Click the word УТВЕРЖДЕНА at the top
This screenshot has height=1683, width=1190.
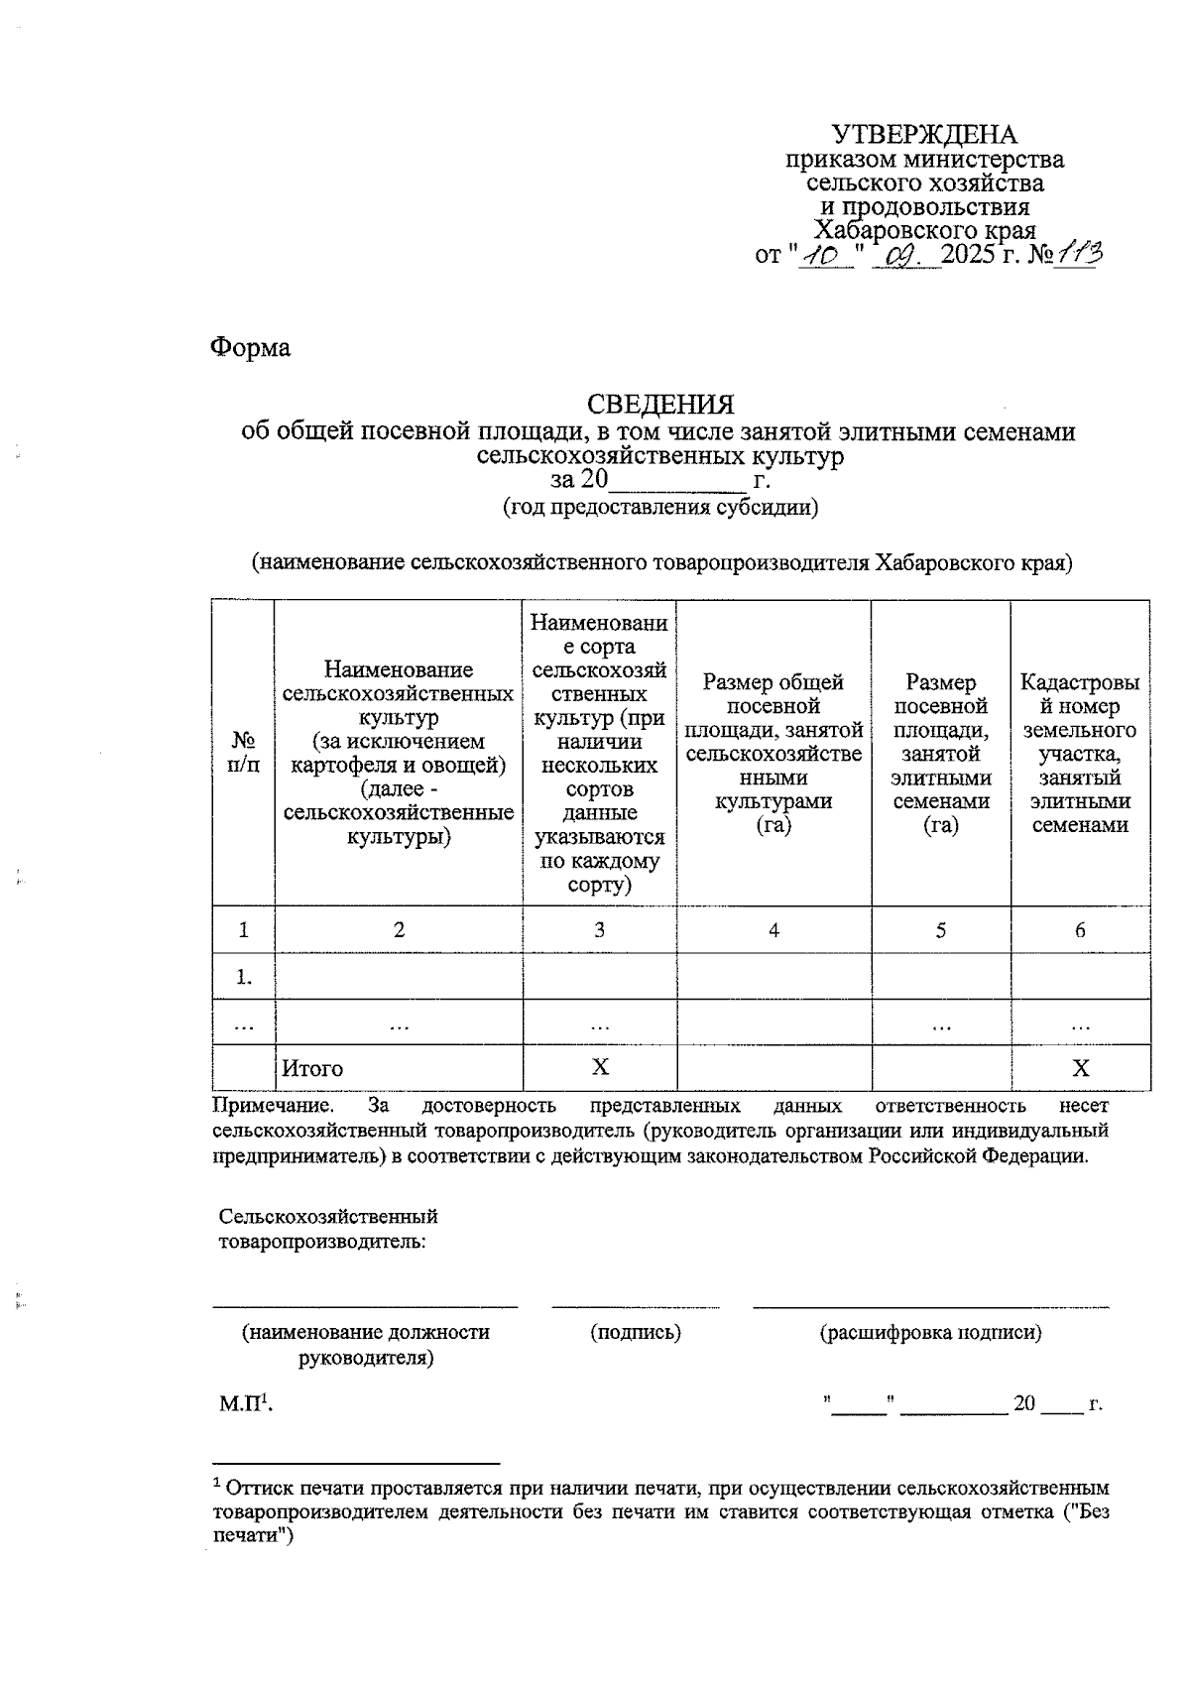[x=923, y=135]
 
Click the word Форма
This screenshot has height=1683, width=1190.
[x=251, y=348]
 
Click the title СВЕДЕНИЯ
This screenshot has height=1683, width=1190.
[x=660, y=405]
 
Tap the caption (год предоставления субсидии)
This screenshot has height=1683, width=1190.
[x=660, y=508]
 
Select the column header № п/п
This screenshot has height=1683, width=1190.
[x=244, y=753]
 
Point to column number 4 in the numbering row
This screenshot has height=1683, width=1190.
[x=773, y=930]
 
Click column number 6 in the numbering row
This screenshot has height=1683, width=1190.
[x=1080, y=930]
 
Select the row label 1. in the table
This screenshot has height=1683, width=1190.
[x=244, y=978]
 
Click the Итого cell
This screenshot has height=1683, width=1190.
[x=312, y=1068]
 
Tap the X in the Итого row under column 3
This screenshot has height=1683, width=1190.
[x=600, y=1067]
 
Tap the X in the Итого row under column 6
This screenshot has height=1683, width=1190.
[x=1081, y=1068]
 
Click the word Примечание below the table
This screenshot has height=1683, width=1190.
[x=272, y=1105]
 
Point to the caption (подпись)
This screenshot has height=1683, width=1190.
[x=636, y=1333]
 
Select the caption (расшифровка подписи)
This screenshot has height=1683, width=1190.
[x=930, y=1333]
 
